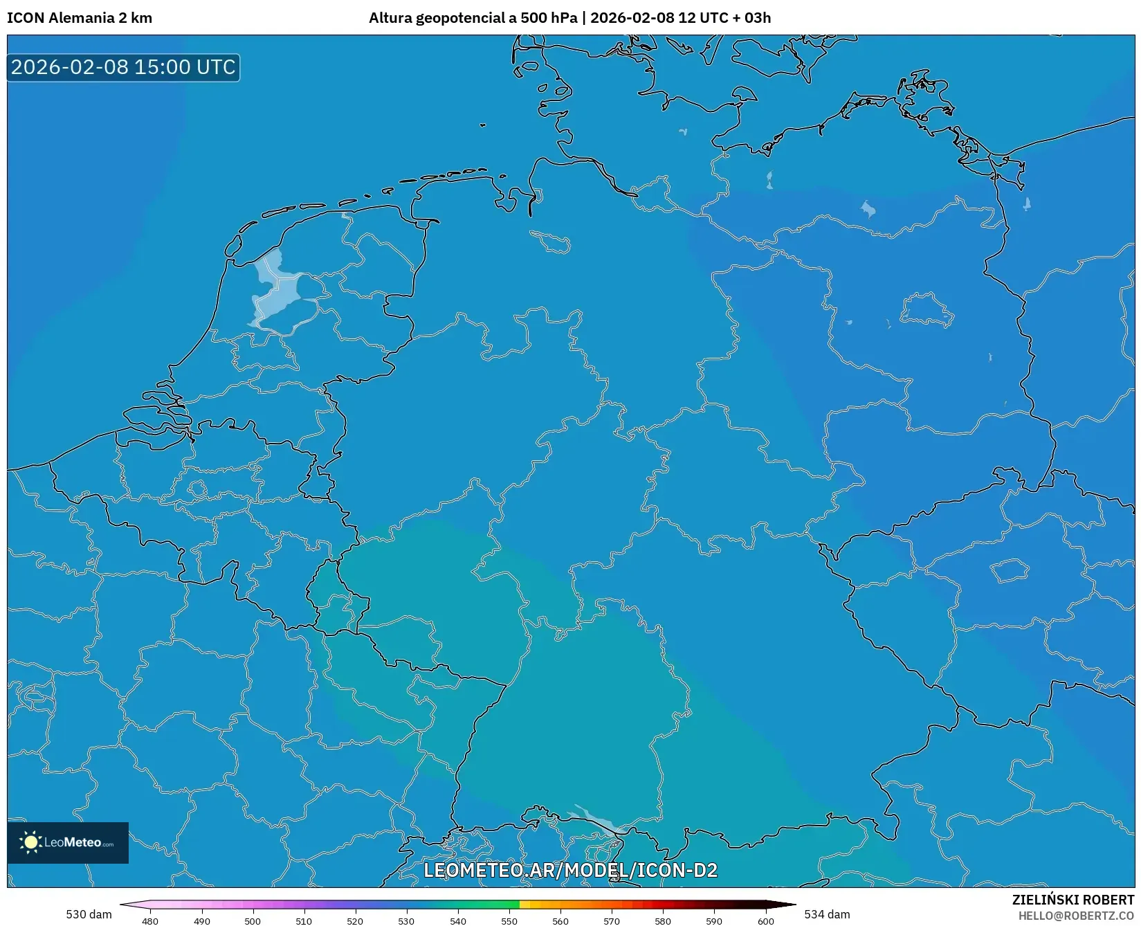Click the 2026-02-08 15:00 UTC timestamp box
pyautogui.click(x=123, y=67)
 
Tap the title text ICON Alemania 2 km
pyautogui.click(x=80, y=18)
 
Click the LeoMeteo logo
pyautogui.click(x=68, y=842)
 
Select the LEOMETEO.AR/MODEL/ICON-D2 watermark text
pyautogui.click(x=570, y=870)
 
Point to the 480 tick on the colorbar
pyautogui.click(x=150, y=920)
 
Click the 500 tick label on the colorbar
pyautogui.click(x=253, y=920)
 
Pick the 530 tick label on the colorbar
pyautogui.click(x=406, y=920)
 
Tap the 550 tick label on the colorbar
pyautogui.click(x=509, y=920)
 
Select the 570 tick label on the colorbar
pyautogui.click(x=612, y=920)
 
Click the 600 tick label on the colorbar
pyautogui.click(x=765, y=920)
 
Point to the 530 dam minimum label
pyautogui.click(x=89, y=914)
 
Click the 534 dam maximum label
pyautogui.click(x=827, y=914)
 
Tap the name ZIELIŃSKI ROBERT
pyautogui.click(x=1073, y=900)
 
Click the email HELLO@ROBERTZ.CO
pyautogui.click(x=1076, y=916)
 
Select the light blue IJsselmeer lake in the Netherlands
pyautogui.click(x=277, y=291)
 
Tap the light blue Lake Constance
pyautogui.click(x=596, y=820)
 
